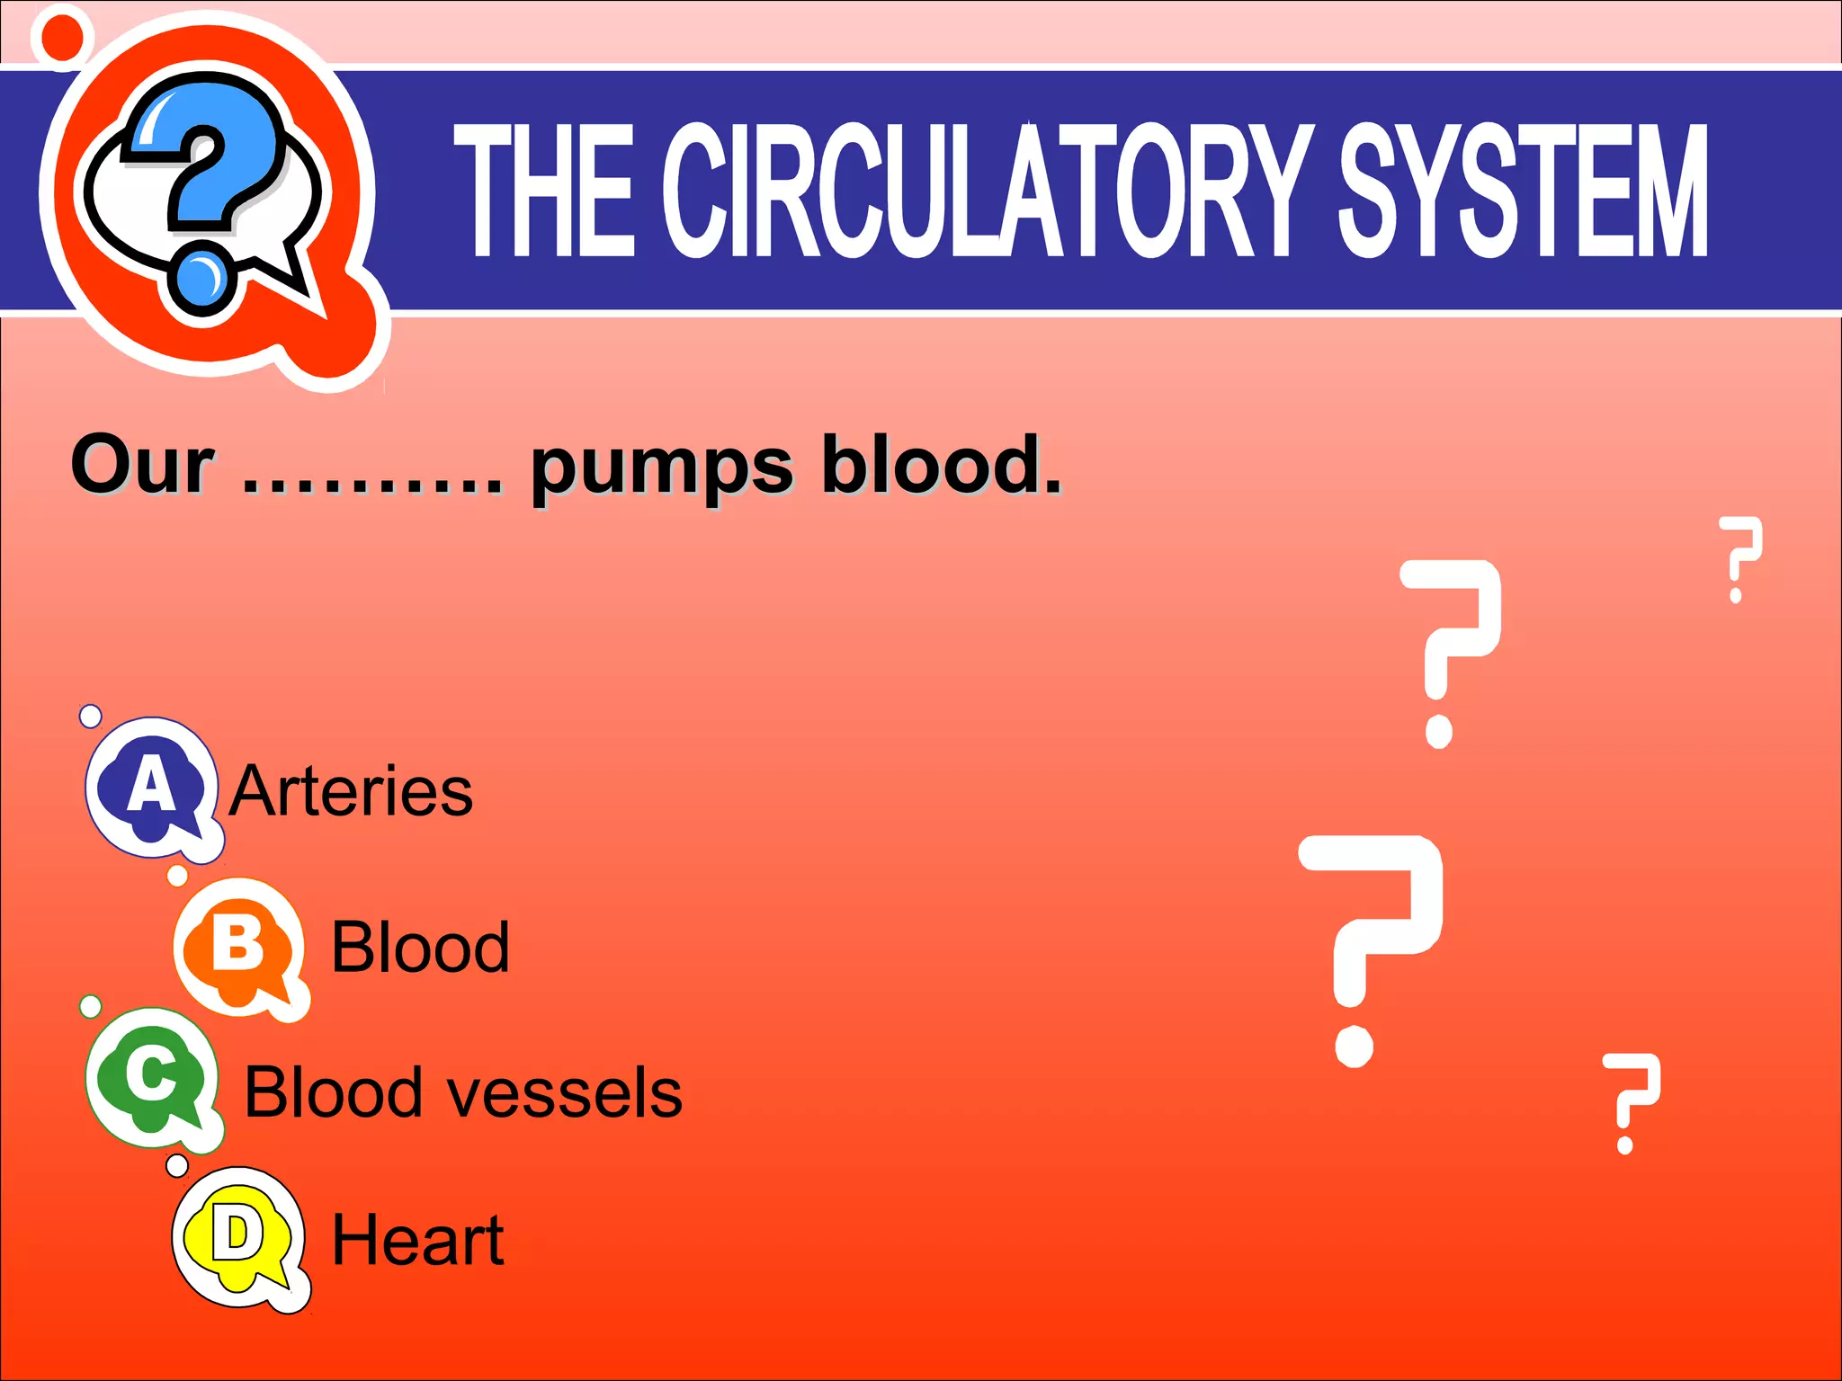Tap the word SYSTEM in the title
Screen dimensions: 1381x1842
(1523, 191)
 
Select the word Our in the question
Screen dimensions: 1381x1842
(142, 465)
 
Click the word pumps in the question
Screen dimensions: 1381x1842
(661, 468)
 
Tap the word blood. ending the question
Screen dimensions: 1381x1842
(941, 465)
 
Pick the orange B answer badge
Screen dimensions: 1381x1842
(238, 946)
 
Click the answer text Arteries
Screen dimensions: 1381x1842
(351, 791)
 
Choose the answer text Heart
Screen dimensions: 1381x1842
(417, 1240)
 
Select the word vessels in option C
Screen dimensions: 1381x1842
(566, 1093)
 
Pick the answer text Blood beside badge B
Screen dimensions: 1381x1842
(420, 948)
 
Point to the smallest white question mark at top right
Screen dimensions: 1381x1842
(1739, 557)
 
